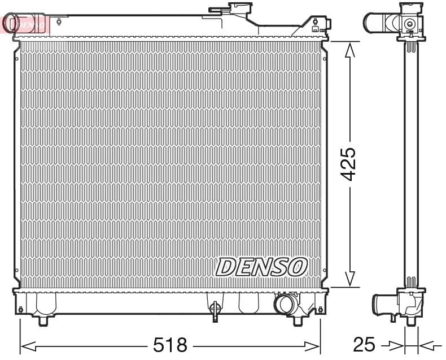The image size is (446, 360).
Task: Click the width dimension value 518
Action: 170,344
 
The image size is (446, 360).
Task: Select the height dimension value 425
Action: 349,164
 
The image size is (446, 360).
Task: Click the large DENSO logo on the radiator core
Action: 261,266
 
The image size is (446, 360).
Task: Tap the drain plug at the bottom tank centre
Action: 215,309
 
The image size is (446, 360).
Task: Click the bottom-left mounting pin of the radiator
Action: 42,320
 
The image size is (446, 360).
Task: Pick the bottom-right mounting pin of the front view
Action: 298,320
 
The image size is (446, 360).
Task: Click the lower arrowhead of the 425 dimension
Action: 349,279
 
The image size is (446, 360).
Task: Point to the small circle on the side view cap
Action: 410,24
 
